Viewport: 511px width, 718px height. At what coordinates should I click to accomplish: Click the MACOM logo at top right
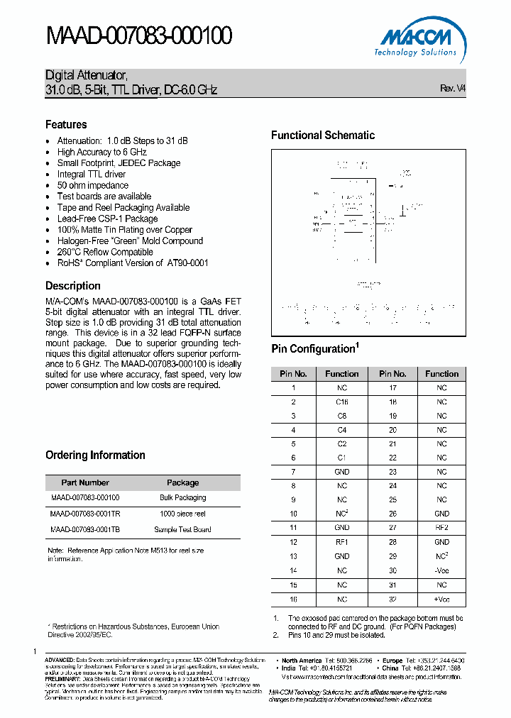pos(417,40)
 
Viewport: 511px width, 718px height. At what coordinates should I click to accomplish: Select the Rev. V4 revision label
pos(453,89)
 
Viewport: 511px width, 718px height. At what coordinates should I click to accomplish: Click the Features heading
pos(66,124)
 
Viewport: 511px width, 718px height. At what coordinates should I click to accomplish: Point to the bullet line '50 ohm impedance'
pos(92,185)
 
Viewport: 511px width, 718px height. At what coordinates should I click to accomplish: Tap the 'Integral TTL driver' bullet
pos(91,174)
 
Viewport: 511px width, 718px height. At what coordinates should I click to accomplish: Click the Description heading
pos(72,286)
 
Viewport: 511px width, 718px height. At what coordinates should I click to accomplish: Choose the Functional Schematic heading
pos(323,135)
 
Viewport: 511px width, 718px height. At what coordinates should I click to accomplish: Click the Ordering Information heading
pos(95,455)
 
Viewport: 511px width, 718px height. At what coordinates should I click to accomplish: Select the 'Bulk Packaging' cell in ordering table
pos(182,498)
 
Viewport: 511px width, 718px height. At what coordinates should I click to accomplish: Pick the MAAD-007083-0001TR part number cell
pos(85,514)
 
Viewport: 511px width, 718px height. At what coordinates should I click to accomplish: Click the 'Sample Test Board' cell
pos(182,529)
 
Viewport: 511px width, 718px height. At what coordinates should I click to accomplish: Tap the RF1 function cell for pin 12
pos(341,542)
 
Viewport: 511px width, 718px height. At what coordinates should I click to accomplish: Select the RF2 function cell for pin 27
pos(441,528)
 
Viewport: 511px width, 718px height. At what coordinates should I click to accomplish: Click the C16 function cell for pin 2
pos(341,402)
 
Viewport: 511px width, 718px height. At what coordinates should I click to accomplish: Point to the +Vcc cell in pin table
pos(441,599)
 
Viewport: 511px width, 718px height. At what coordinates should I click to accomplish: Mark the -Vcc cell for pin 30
pos(441,570)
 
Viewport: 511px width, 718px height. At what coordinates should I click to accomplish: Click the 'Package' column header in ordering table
pos(182,482)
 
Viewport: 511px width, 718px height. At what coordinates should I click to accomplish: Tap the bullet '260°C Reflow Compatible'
pos(105,252)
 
